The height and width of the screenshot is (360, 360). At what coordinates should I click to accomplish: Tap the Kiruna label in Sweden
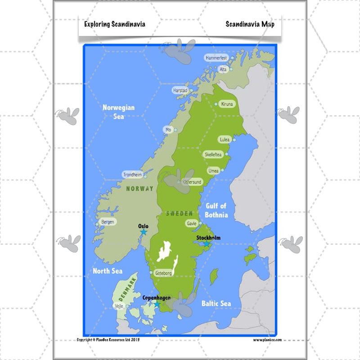[x=227, y=104]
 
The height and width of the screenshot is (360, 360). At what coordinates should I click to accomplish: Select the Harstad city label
[x=180, y=90]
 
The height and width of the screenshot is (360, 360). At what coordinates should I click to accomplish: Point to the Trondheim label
[x=132, y=175]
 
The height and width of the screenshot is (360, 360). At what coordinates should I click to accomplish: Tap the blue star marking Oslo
[x=144, y=232]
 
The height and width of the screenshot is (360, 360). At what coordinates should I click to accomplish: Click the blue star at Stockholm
[x=207, y=244]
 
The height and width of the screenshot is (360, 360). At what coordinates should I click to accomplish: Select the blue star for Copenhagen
[x=157, y=304]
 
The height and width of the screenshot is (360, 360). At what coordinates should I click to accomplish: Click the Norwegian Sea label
[x=119, y=112]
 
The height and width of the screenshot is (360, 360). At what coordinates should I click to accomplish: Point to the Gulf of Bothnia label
[x=216, y=210]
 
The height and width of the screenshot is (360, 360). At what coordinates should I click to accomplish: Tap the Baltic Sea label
[x=216, y=303]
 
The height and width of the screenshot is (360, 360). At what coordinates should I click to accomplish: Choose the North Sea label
[x=107, y=271]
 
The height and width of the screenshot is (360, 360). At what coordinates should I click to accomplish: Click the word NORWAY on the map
[x=139, y=189]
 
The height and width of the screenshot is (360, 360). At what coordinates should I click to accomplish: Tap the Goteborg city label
[x=163, y=273]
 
